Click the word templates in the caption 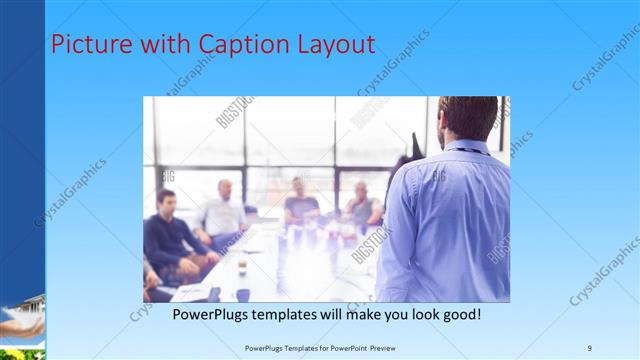(290, 314)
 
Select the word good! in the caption (458, 314)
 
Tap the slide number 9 (590, 347)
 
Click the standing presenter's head (466, 118)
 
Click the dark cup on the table (242, 294)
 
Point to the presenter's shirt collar (468, 148)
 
